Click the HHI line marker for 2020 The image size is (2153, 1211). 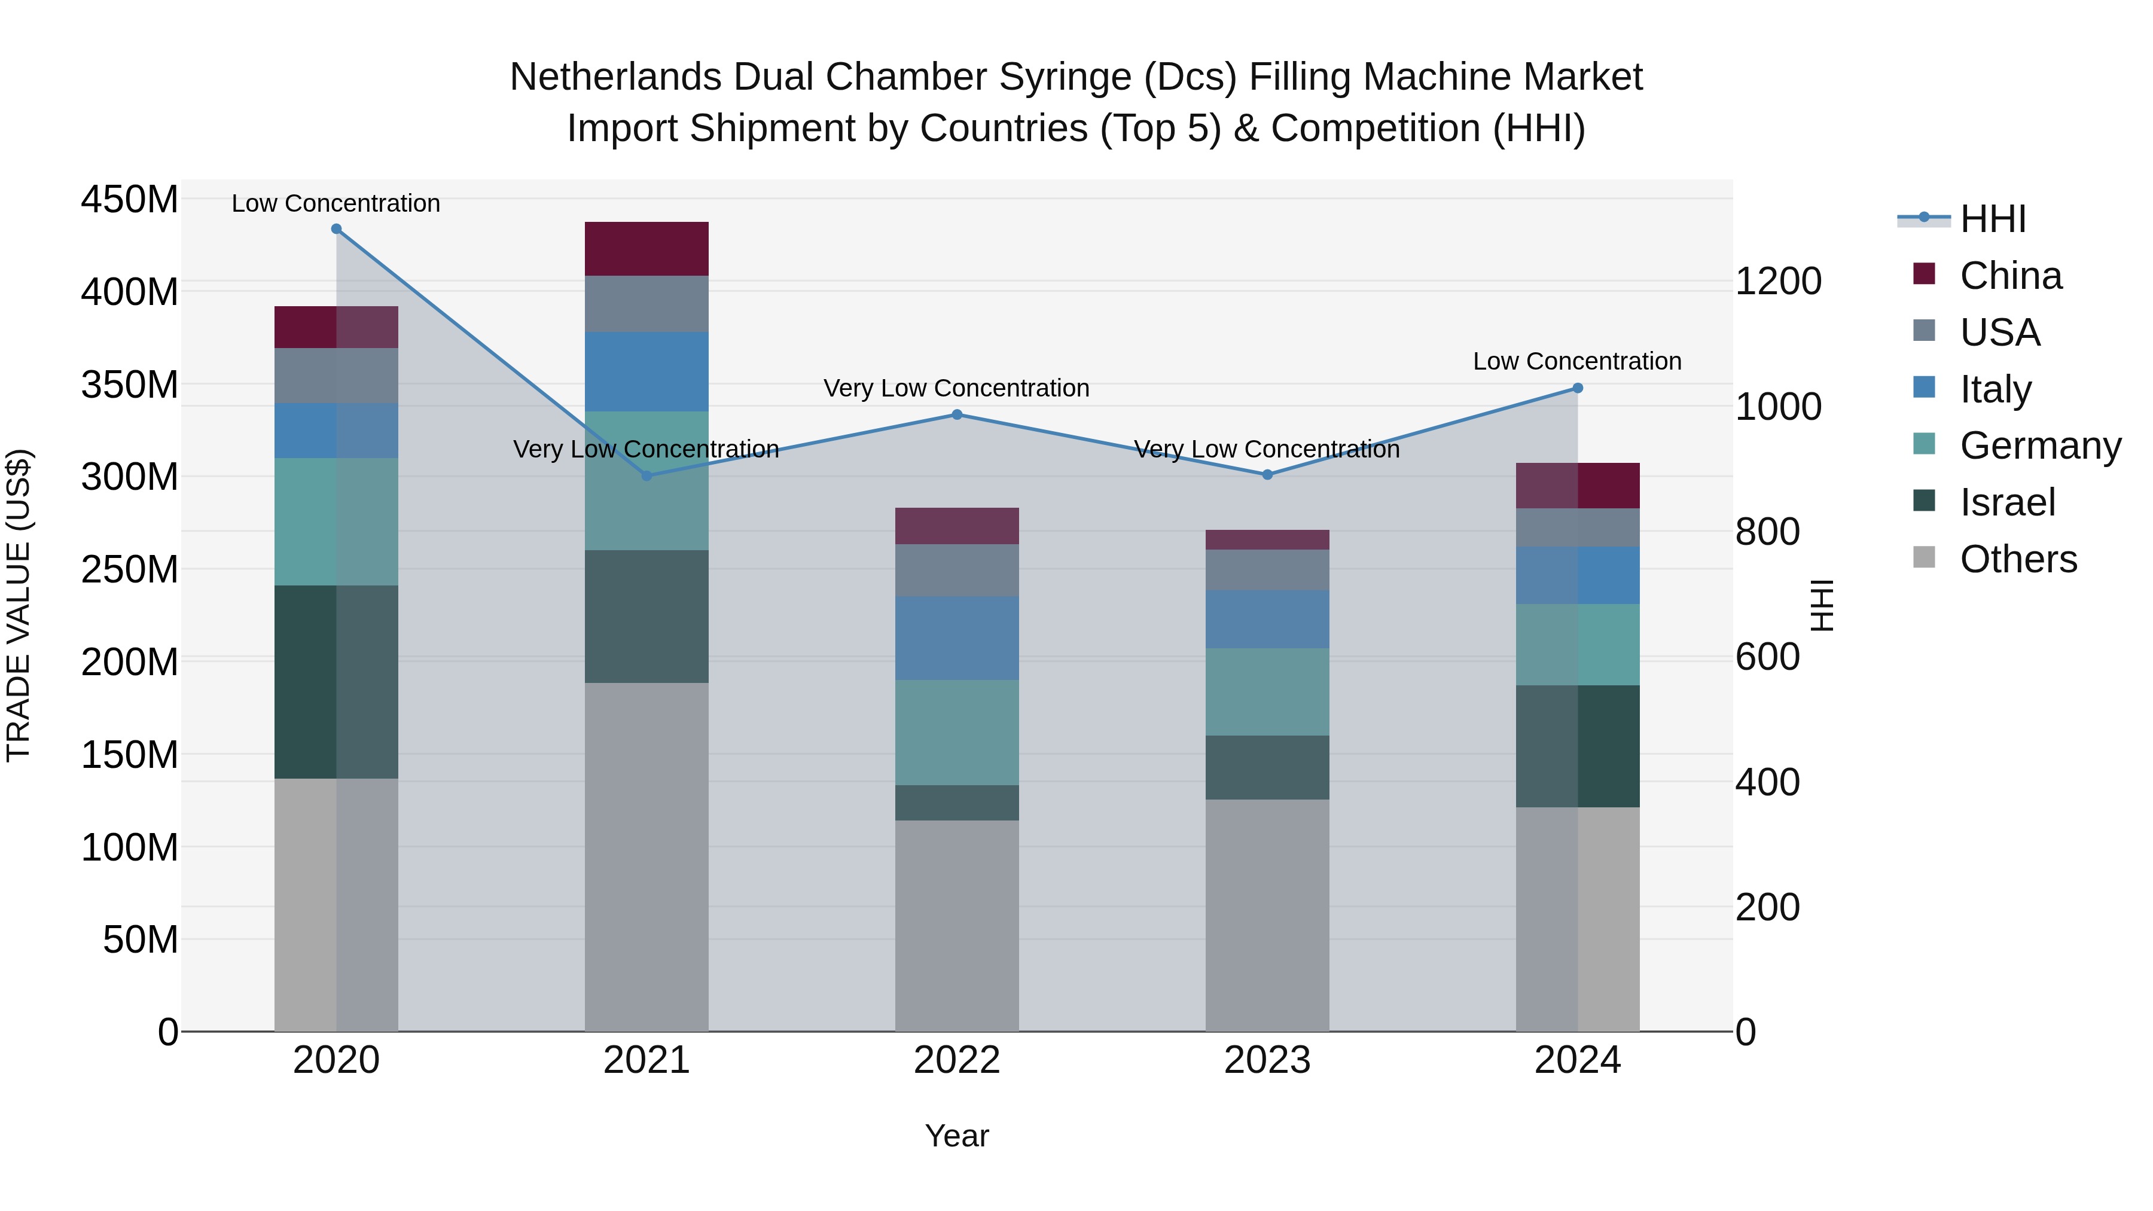(336, 229)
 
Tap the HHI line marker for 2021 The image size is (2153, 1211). (646, 475)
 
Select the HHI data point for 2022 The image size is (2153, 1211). (957, 414)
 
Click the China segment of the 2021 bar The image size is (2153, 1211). (646, 249)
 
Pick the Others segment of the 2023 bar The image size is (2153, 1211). (1267, 915)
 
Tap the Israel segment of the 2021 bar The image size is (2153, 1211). (646, 616)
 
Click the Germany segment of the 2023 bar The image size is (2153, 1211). (1267, 691)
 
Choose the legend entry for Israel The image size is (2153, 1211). (2006, 502)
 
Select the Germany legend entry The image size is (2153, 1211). (2039, 446)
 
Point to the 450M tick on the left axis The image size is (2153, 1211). (130, 200)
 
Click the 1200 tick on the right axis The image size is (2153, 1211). (1779, 282)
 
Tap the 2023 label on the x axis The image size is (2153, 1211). (1267, 1060)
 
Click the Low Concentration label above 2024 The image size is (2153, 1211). (1577, 361)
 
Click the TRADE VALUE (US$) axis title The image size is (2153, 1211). (19, 605)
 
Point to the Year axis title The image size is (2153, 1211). (957, 1136)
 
